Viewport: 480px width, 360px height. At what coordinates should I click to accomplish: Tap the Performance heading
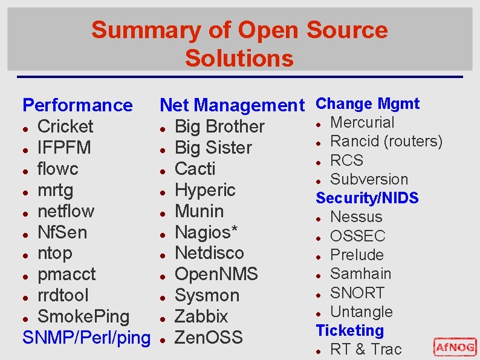click(77, 105)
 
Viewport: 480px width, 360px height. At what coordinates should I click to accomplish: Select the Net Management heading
click(232, 105)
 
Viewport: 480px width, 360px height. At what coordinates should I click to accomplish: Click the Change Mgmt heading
click(368, 103)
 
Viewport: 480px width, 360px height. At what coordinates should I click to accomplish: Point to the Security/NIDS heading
click(367, 198)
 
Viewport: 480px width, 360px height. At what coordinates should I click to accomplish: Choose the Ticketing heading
click(349, 330)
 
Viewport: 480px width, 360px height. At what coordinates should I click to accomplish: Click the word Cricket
click(65, 126)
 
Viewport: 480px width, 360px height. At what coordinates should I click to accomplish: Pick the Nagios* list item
click(206, 232)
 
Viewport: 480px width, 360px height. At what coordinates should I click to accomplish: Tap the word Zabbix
click(201, 316)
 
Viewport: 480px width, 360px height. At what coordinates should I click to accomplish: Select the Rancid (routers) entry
click(386, 142)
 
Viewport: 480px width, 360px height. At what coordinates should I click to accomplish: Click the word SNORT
click(357, 293)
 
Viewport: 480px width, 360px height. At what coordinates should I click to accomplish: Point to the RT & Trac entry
click(366, 349)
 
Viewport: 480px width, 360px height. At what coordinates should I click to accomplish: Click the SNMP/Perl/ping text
click(86, 338)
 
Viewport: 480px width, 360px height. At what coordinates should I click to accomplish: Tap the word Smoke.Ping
click(83, 316)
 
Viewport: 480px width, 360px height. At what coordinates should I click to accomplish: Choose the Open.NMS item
click(216, 274)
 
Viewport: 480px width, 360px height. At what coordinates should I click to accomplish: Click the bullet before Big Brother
click(163, 128)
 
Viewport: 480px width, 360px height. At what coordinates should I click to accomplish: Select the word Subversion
click(369, 179)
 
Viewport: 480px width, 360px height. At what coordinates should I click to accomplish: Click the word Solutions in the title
click(239, 58)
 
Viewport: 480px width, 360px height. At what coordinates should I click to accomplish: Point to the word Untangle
click(362, 312)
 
